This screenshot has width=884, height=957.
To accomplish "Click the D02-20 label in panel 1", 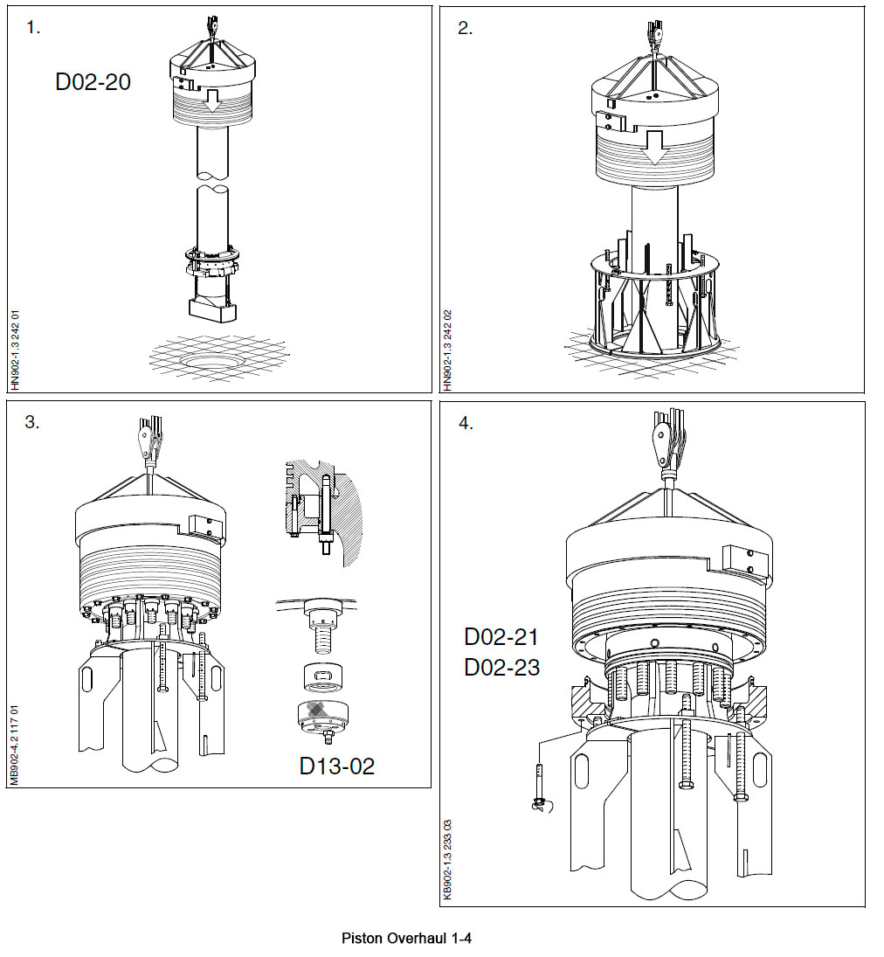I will coord(93,82).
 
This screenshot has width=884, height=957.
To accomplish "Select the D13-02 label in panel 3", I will coord(336,766).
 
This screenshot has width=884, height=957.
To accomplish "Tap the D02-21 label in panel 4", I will coord(501,637).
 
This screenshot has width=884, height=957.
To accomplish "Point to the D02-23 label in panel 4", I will coord(501,668).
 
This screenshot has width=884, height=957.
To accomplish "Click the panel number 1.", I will coord(33,27).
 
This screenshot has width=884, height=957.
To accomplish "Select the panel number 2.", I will coord(465,27).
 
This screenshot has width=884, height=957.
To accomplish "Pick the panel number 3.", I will coord(32,422).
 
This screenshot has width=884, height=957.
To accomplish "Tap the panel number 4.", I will coord(466,423).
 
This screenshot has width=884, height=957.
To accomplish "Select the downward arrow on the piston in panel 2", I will coord(654,149).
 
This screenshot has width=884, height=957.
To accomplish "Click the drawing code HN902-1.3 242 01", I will coord(15,350).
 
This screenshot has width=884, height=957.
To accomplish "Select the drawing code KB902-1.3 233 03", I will coord(447,858).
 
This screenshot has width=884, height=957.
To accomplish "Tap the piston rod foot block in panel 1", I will coord(212,308).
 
